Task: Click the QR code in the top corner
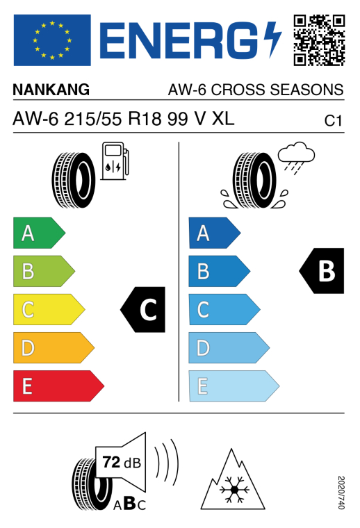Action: (x=319, y=40)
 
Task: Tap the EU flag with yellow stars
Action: (x=52, y=40)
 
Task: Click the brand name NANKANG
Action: (x=51, y=90)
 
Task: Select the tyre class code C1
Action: (x=333, y=121)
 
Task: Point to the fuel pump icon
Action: (x=115, y=160)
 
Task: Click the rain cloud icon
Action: (x=296, y=158)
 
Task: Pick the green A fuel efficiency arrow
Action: (x=39, y=233)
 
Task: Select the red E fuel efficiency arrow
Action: (x=58, y=386)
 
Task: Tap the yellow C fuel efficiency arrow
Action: (x=49, y=309)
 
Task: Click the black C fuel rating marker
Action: (x=143, y=309)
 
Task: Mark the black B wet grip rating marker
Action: (x=322, y=271)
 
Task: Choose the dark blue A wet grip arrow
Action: (x=215, y=233)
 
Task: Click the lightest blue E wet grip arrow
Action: (x=234, y=386)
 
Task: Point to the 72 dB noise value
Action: (x=122, y=462)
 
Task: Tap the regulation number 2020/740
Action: (x=341, y=493)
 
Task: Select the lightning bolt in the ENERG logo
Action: (x=272, y=40)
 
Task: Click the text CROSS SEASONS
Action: (x=277, y=90)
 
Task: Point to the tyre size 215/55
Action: (x=93, y=119)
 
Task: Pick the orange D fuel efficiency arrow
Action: (x=54, y=348)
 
